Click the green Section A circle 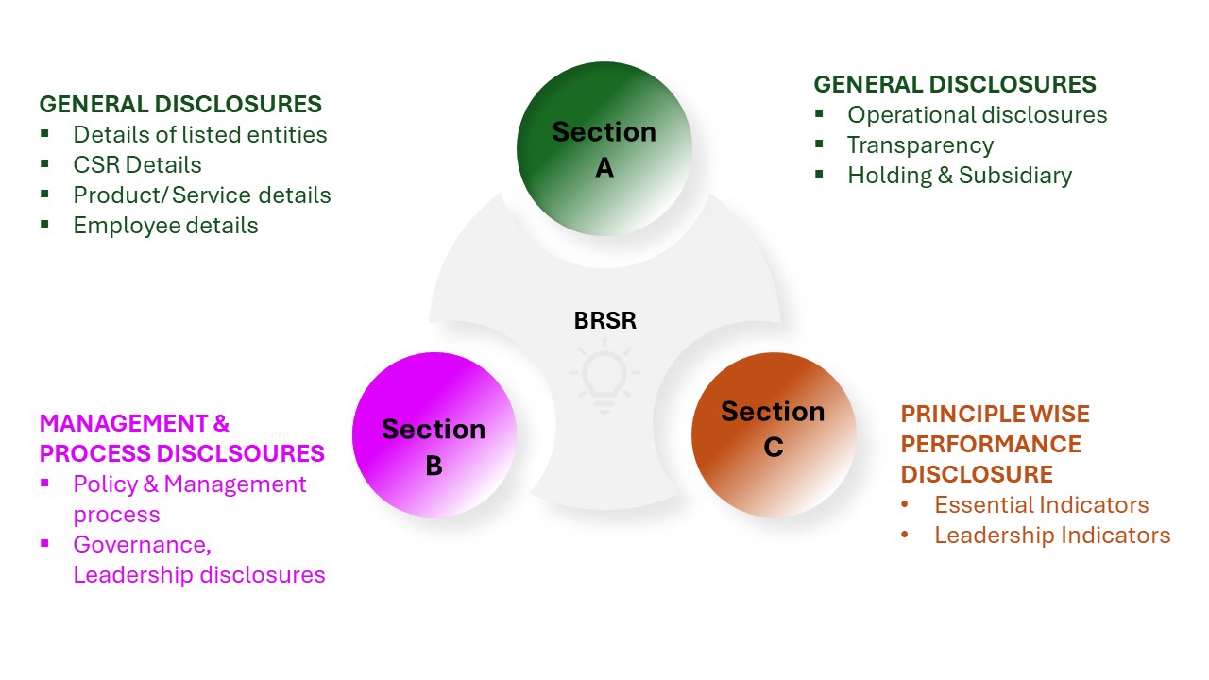tap(604, 148)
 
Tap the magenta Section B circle tap(434, 435)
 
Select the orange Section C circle tap(774, 435)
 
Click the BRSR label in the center tap(605, 321)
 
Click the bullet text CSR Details tap(137, 165)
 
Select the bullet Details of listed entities tap(200, 135)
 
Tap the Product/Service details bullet tap(202, 195)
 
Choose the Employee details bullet tap(165, 226)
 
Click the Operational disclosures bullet tap(977, 115)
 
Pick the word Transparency tap(920, 145)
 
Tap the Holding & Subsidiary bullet tap(960, 176)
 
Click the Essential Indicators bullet tap(1041, 505)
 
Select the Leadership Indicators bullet tap(1052, 535)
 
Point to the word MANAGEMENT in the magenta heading tap(111, 424)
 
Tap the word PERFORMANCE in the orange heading tap(991, 444)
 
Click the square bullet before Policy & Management tap(44, 484)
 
